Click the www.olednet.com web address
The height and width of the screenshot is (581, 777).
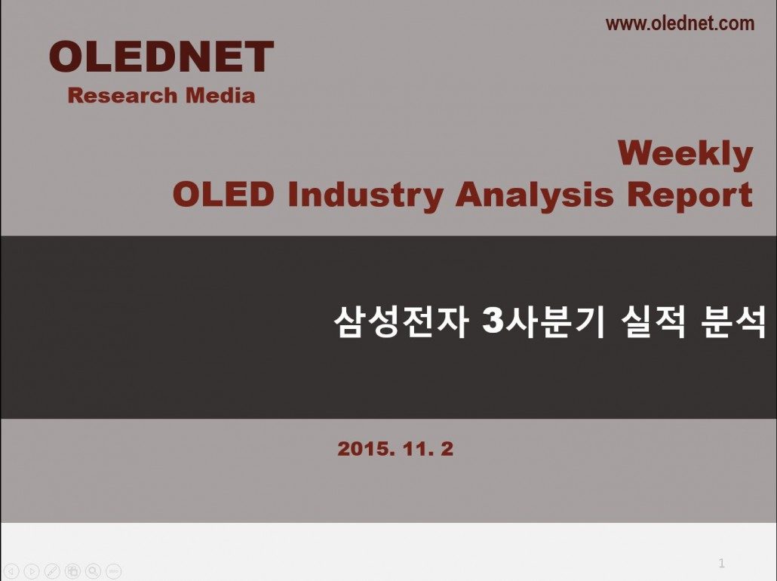click(680, 23)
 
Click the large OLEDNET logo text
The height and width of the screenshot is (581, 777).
click(161, 57)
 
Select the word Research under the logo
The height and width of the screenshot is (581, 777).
click(122, 95)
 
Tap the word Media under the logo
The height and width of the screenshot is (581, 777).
click(220, 95)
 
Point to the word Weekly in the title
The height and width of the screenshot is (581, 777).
click(685, 154)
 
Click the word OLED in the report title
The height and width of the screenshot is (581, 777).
click(223, 194)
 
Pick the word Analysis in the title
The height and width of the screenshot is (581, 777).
click(535, 195)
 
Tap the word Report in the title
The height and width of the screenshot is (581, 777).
click(689, 195)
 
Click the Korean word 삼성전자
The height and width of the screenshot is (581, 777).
click(401, 322)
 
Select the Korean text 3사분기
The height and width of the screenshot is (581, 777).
click(544, 322)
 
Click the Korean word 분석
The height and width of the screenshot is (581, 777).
click(734, 322)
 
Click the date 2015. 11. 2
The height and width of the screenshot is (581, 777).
click(395, 449)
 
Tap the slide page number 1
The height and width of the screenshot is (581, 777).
click(721, 563)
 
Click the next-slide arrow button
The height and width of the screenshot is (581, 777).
click(31, 572)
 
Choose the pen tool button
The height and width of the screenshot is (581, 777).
click(52, 572)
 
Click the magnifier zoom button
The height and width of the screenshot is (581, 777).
click(93, 572)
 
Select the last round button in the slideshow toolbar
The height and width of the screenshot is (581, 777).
click(113, 572)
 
